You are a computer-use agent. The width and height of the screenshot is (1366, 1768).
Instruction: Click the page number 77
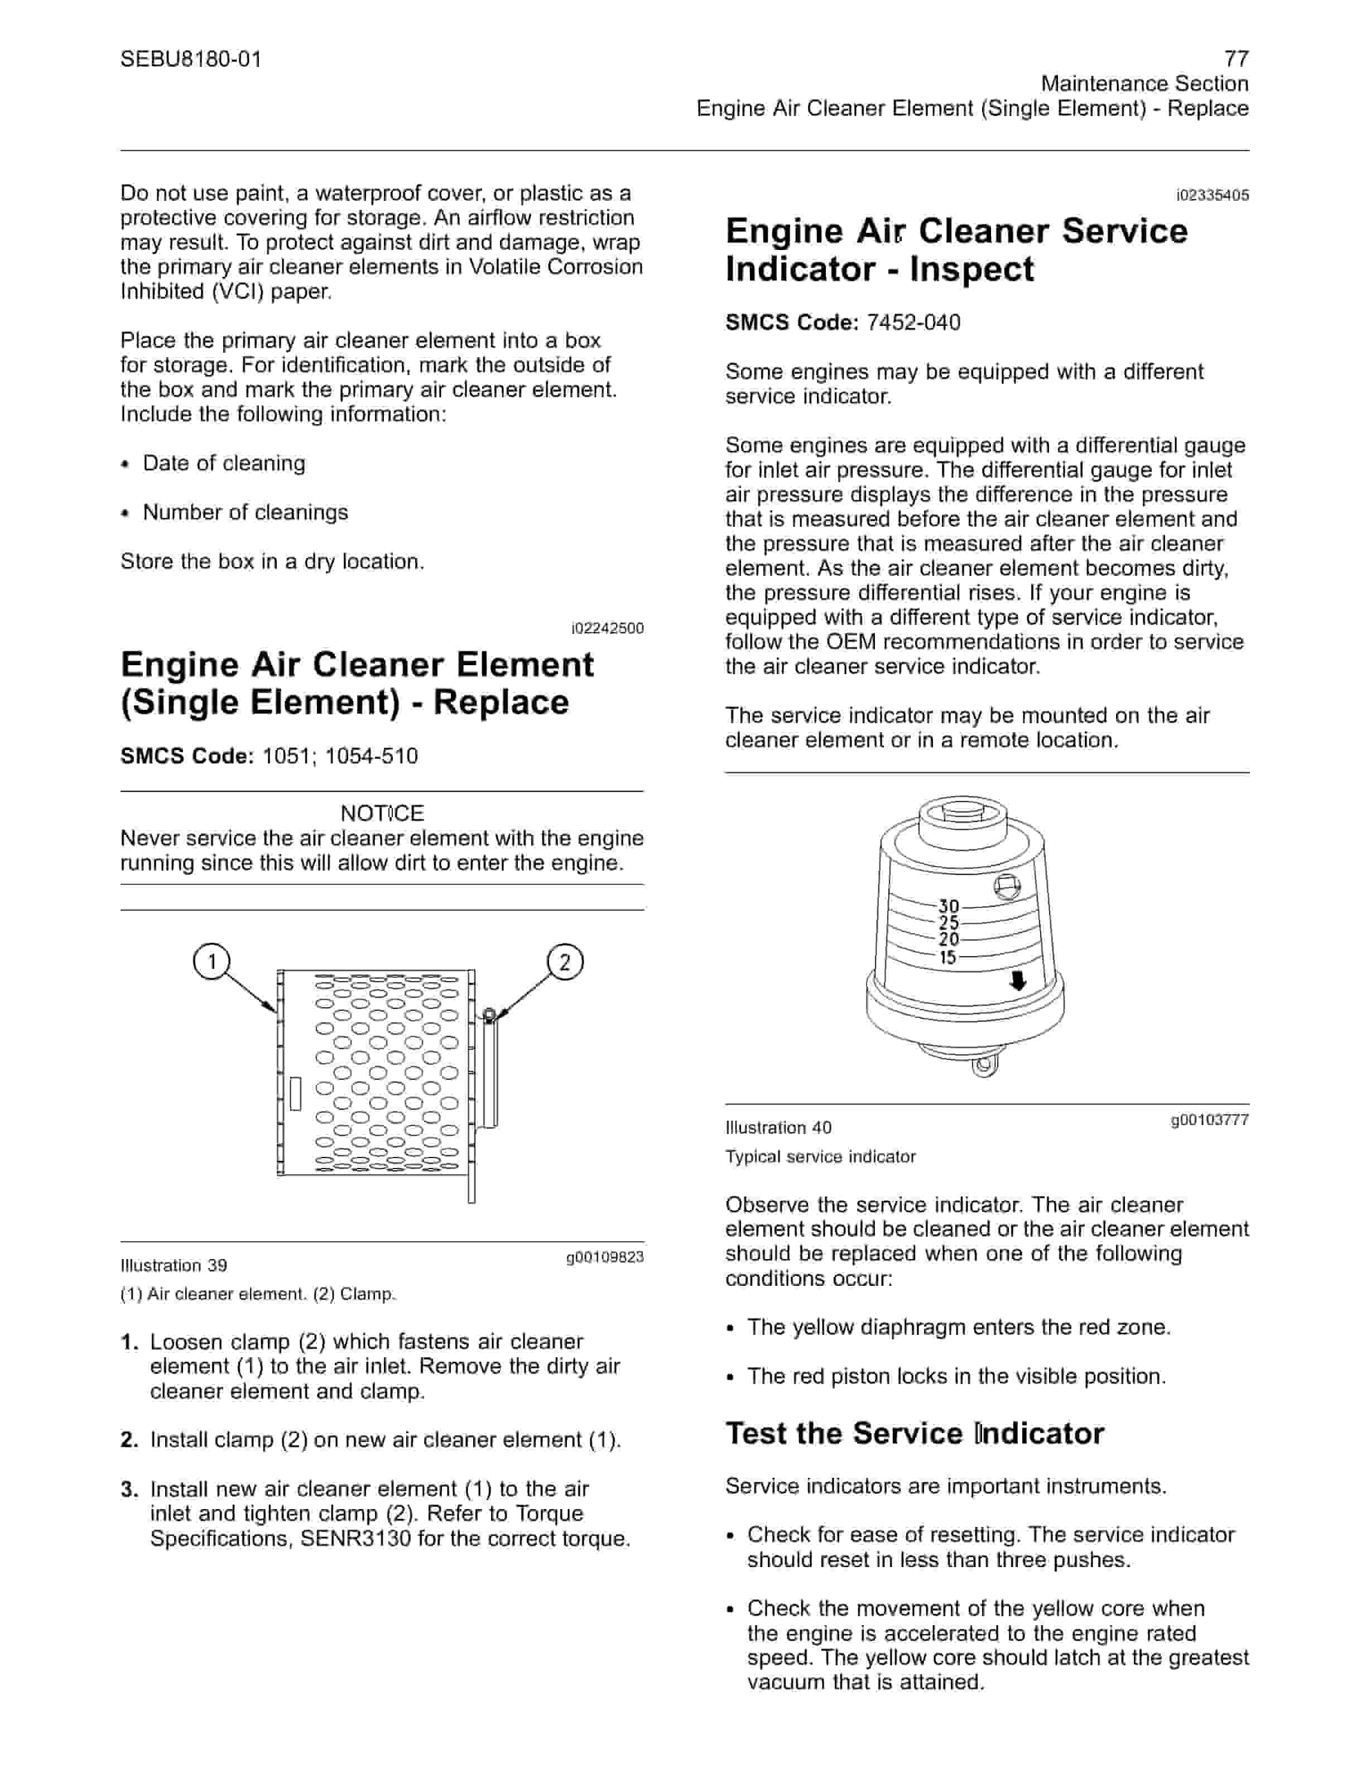(1236, 58)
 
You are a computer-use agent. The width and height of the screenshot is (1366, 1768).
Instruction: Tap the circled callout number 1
(212, 962)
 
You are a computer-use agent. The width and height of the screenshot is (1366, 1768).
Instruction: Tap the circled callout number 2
(565, 962)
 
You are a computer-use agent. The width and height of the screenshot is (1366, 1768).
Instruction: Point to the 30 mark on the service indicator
(949, 907)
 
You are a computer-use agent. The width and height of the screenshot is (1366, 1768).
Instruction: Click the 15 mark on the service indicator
(947, 958)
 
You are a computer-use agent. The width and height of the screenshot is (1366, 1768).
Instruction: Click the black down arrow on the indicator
(1018, 981)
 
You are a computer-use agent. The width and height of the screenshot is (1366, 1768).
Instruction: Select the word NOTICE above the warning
(382, 813)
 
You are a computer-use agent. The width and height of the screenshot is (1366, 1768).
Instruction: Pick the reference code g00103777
(1210, 1120)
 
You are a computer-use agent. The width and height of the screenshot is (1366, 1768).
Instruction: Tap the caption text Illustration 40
(778, 1128)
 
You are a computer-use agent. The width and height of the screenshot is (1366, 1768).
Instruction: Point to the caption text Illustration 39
(174, 1265)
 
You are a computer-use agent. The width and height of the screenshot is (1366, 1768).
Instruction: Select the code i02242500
(607, 628)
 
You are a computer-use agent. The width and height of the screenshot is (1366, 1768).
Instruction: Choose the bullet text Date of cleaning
(224, 463)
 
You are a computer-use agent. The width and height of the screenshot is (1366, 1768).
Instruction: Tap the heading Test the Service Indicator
(915, 1433)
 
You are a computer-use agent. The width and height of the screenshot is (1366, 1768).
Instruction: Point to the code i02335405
(1212, 195)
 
